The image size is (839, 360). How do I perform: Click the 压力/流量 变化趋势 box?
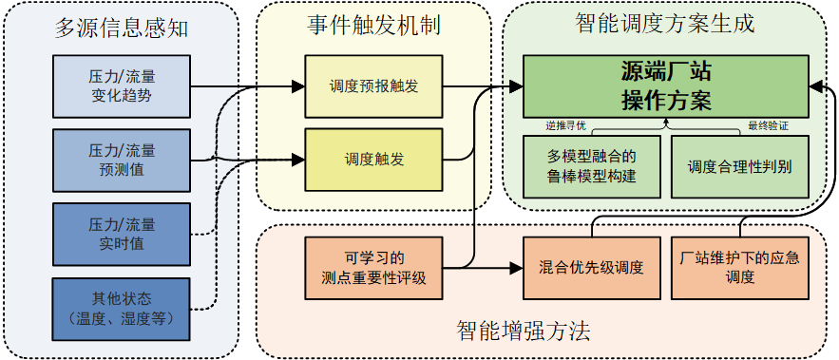124,86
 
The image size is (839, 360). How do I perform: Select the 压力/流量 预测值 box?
124,160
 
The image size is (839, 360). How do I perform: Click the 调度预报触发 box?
372,87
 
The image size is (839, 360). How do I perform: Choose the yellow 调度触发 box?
372,160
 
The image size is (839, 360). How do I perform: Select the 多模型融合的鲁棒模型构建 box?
591,166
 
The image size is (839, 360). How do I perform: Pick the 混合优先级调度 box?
591,268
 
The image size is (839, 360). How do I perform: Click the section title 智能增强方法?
523,332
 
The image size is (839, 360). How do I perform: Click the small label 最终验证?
768,125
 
